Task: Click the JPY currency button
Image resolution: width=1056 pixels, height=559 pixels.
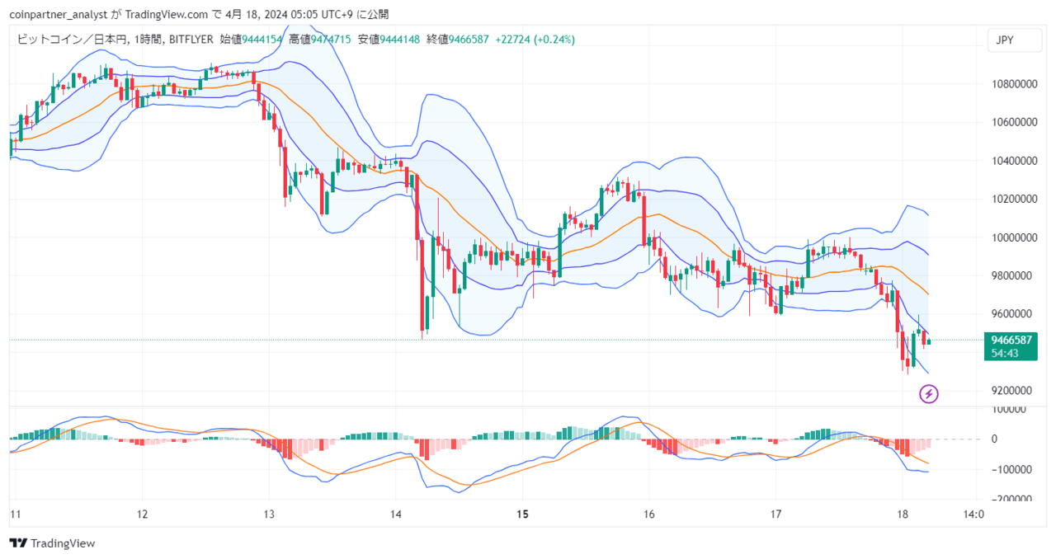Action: pos(1005,40)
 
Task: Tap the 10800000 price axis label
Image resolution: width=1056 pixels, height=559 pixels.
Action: pos(1014,84)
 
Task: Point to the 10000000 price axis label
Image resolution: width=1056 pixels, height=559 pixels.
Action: pos(1014,237)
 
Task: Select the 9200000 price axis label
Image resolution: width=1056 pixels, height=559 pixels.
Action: pos(1014,390)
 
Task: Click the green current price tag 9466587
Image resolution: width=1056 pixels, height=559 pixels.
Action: pos(1011,340)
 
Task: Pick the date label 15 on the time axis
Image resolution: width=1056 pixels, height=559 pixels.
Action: pos(522,514)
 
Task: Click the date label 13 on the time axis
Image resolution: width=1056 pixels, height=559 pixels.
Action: pos(269,514)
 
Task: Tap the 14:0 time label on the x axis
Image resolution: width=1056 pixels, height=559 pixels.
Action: pos(973,514)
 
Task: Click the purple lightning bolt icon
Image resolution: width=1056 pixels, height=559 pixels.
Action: pos(929,394)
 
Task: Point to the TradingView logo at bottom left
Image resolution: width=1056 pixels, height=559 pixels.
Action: pos(52,543)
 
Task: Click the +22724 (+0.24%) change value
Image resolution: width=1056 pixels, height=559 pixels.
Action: pos(535,40)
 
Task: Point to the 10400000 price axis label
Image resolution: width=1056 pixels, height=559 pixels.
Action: pos(1014,161)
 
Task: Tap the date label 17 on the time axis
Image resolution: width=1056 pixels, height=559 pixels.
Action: pos(775,514)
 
